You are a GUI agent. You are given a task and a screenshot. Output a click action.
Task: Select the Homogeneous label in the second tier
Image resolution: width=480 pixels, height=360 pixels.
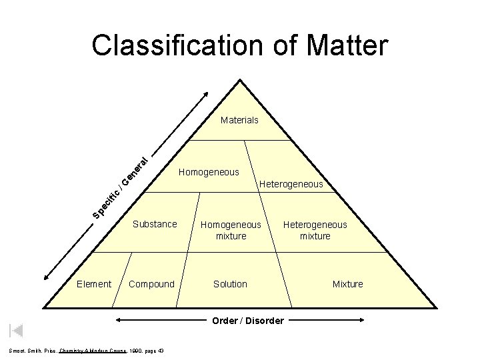[209, 172]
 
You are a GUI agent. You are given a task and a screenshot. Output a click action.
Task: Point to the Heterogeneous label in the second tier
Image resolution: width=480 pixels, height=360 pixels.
[291, 184]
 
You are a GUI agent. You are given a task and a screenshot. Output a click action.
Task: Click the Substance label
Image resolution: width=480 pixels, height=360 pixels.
[155, 224]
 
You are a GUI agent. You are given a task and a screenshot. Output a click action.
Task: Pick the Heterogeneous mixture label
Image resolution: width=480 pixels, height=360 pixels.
[315, 230]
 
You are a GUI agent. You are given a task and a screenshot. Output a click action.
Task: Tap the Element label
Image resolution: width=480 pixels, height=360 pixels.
[94, 284]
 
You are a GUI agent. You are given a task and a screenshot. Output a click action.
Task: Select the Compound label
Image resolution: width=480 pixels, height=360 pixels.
[151, 284]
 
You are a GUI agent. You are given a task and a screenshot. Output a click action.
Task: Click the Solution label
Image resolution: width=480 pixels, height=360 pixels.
[230, 284]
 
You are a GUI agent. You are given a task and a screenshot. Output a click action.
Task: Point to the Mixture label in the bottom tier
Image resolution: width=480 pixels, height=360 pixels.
[348, 284]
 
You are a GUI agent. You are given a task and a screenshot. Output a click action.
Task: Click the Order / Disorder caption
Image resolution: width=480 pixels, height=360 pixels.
[248, 321]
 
